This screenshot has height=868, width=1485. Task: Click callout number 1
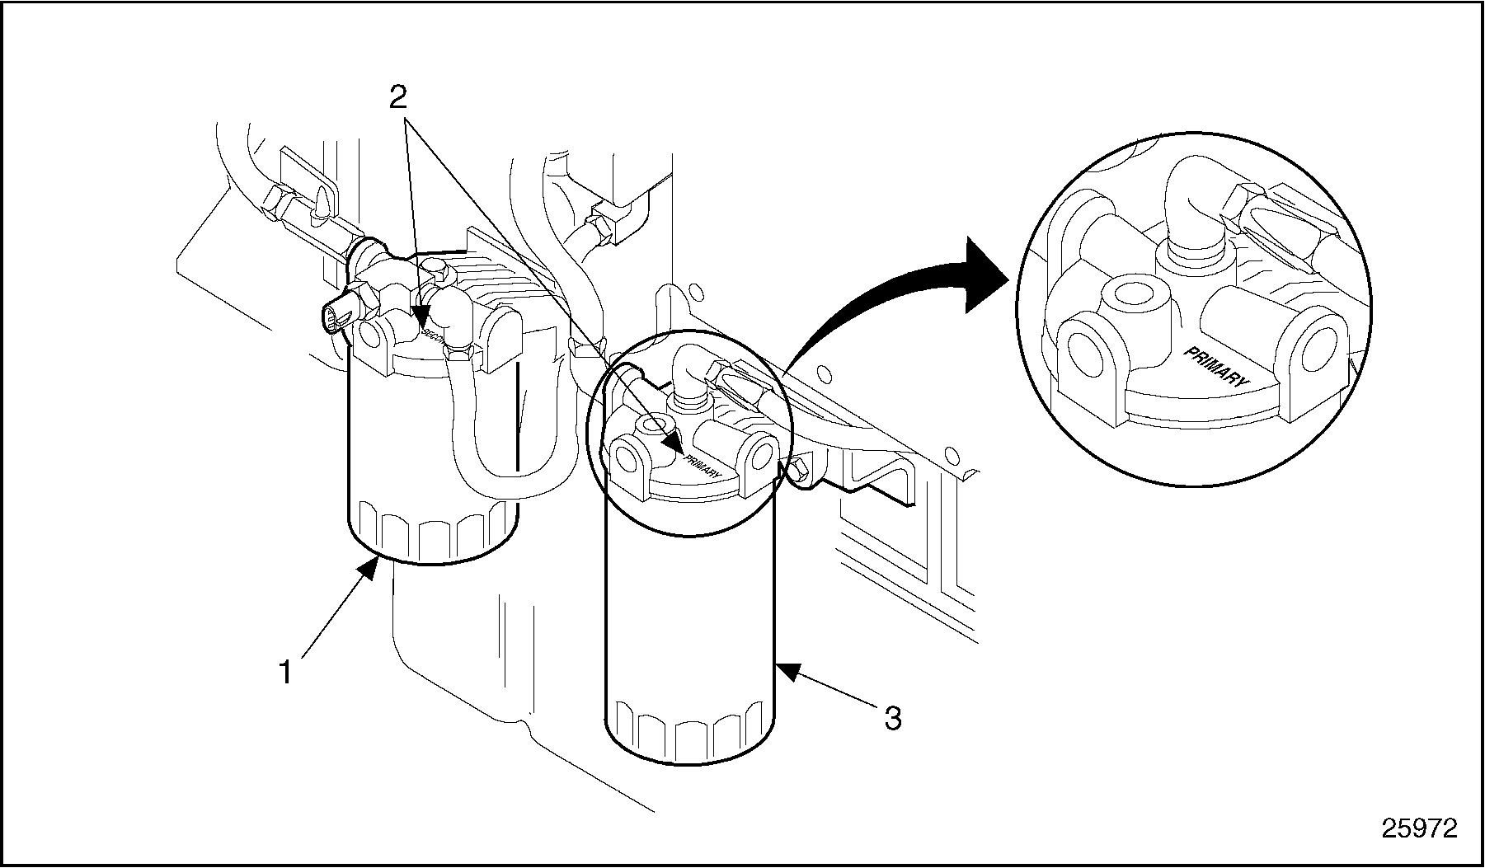(x=285, y=673)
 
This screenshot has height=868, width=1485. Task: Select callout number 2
(x=397, y=98)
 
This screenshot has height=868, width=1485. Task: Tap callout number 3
(x=892, y=718)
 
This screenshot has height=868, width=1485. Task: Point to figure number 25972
(x=1419, y=828)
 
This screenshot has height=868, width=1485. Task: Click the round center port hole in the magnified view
(x=1130, y=293)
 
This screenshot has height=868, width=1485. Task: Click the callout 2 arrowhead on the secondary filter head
(x=421, y=318)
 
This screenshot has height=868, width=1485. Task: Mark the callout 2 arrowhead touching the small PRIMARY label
(x=674, y=445)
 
